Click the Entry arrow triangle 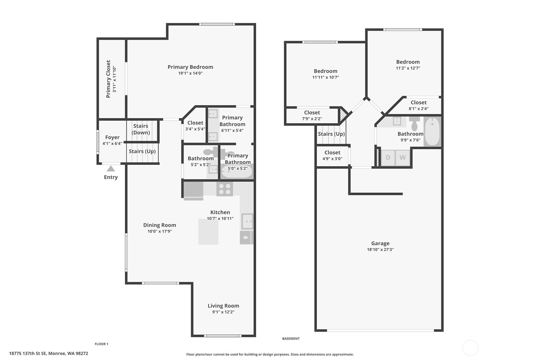(111, 169)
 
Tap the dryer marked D (388, 158)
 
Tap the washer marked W (403, 158)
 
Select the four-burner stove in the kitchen (225, 189)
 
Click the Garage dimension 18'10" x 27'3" (380, 250)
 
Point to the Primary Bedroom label (190, 67)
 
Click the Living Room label (223, 306)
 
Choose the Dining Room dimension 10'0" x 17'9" (160, 231)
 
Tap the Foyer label (112, 137)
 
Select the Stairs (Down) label (141, 129)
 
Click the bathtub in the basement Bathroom (432, 131)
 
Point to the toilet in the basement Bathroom (414, 124)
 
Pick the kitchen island (208, 231)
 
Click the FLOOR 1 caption (102, 344)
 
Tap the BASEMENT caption (291, 339)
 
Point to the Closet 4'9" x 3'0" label (333, 155)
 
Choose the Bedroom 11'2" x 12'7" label (408, 65)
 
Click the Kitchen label (220, 212)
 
